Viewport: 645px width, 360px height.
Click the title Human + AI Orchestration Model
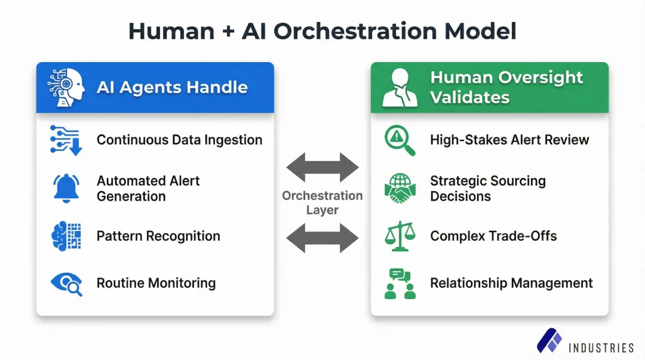point(322,31)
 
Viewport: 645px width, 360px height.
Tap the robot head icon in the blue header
point(66,88)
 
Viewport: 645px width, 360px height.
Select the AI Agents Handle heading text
point(172,88)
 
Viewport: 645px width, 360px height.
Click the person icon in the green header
point(400,88)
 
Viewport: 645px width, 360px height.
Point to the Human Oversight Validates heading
point(506,87)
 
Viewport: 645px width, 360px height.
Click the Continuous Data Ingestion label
point(179,140)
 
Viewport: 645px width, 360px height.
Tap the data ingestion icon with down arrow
point(66,140)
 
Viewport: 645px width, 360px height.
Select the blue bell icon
point(66,189)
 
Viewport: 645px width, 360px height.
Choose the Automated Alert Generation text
point(148,189)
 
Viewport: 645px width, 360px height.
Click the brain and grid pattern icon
point(66,236)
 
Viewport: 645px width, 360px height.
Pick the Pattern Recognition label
point(158,236)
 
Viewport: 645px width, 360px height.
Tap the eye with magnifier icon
point(66,283)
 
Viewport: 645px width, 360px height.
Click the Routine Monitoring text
point(156,283)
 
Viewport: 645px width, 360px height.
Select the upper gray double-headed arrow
point(322,167)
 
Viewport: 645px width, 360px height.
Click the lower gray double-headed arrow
point(322,239)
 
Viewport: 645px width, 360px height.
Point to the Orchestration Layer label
point(322,203)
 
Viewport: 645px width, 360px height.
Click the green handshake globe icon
point(400,188)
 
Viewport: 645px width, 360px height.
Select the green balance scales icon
point(400,236)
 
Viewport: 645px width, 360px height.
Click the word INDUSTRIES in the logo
point(601,347)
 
